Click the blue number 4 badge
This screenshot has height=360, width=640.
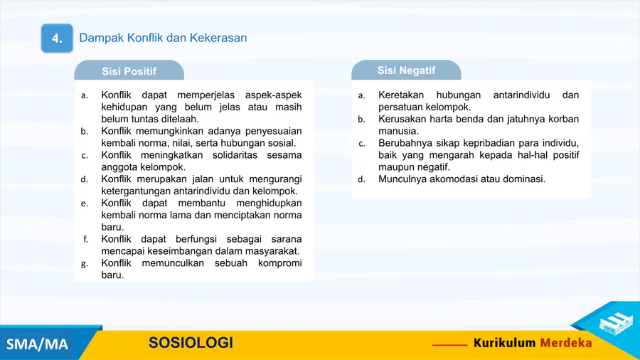tap(57, 38)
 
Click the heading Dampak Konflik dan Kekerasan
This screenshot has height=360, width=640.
tap(163, 38)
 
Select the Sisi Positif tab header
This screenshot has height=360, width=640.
tap(129, 70)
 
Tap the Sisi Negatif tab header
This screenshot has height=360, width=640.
tap(406, 70)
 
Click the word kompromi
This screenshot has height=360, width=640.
tap(279, 263)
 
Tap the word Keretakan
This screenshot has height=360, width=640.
tap(401, 95)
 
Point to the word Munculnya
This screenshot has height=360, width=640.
tap(402, 179)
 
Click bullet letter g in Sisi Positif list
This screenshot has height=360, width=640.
tap(85, 264)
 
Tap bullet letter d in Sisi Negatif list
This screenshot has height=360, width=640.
tap(361, 179)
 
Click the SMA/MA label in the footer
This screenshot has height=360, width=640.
tap(37, 344)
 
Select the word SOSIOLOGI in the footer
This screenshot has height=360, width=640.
tap(191, 342)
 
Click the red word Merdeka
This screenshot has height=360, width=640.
tap(566, 343)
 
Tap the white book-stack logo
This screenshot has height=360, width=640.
tap(616, 322)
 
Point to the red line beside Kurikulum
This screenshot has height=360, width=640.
tap(449, 345)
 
